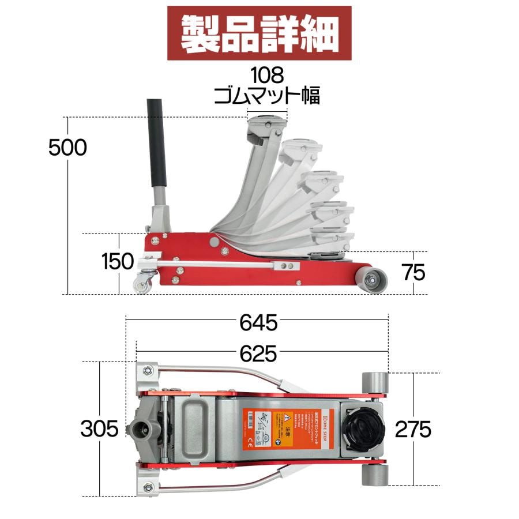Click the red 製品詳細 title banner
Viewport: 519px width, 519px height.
(259, 33)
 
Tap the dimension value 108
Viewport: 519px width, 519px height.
(267, 74)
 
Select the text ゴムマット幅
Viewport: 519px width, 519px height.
(266, 95)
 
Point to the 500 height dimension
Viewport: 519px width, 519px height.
(67, 148)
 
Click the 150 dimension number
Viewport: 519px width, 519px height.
(118, 261)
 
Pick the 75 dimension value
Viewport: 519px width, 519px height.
(413, 273)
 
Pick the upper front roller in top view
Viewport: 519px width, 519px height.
(374, 382)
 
